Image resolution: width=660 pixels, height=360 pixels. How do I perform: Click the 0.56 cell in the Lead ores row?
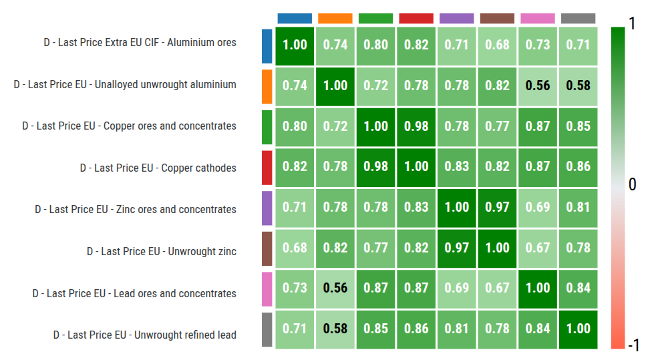[x=335, y=288]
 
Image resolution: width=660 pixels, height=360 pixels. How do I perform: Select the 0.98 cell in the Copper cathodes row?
[x=376, y=166]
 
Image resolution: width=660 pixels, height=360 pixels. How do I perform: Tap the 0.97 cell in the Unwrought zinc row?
[x=457, y=248]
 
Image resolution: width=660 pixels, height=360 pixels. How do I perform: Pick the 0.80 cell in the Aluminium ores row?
[x=376, y=45]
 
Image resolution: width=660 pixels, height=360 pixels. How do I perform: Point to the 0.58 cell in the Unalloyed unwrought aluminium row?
[x=578, y=85]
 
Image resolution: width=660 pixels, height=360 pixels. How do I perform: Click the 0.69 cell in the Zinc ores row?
[x=538, y=207]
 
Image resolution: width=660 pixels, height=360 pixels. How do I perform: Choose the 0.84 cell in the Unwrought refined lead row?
[x=538, y=329]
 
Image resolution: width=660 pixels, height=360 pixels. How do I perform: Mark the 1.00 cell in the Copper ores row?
[x=376, y=126]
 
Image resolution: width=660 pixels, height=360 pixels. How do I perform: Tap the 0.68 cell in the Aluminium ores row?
[x=497, y=45]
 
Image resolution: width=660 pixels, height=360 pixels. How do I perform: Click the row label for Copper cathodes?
[x=158, y=168]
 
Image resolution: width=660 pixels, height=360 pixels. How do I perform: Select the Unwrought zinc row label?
[x=161, y=252]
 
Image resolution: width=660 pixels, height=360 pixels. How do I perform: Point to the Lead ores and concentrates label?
[x=134, y=294]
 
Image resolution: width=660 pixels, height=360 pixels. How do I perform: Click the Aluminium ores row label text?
[x=140, y=43]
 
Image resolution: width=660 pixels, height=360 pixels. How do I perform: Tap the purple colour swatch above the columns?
[x=457, y=18]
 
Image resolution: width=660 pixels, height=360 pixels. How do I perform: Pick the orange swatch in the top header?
[x=335, y=18]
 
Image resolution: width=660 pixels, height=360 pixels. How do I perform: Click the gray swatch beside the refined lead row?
[x=267, y=329]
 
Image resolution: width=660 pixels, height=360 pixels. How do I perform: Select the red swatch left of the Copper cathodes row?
[x=267, y=167]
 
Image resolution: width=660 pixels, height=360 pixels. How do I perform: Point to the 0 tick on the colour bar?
[x=633, y=184]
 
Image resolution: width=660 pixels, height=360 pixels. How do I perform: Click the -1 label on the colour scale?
[x=633, y=345]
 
